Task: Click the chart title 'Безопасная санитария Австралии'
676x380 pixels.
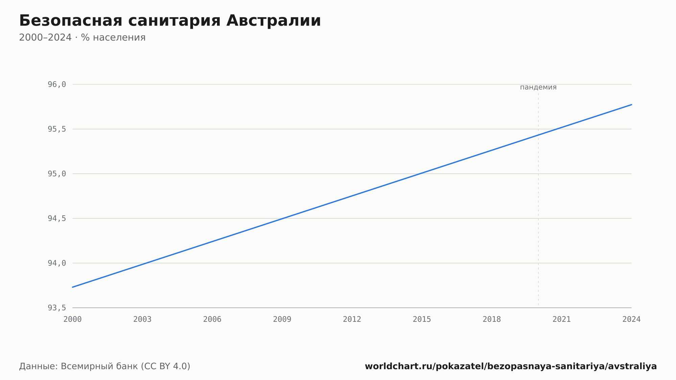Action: pyautogui.click(x=170, y=21)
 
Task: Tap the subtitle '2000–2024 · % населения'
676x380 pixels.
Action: pyautogui.click(x=82, y=38)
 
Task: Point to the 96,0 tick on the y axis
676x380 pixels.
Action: pyautogui.click(x=57, y=85)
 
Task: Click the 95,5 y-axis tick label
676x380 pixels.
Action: pyautogui.click(x=57, y=129)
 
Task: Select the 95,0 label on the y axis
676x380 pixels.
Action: pyautogui.click(x=57, y=174)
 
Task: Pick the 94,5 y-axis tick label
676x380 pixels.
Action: pyautogui.click(x=57, y=218)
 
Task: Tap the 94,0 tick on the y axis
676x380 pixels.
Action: pyautogui.click(x=57, y=263)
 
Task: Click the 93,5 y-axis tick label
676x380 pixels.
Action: pyautogui.click(x=57, y=308)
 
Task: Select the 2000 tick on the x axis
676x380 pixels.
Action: pyautogui.click(x=73, y=319)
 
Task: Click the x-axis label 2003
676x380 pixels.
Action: pyautogui.click(x=142, y=319)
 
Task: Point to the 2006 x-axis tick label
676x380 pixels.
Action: pyautogui.click(x=212, y=319)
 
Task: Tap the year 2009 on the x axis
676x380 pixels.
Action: pyautogui.click(x=282, y=319)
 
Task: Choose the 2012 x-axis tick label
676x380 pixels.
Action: pyautogui.click(x=352, y=319)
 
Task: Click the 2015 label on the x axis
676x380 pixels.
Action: pyautogui.click(x=422, y=319)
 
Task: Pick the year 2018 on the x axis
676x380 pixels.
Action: pyautogui.click(x=492, y=319)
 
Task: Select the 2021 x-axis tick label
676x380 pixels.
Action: pyautogui.click(x=562, y=319)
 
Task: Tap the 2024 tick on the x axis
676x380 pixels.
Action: pyautogui.click(x=631, y=319)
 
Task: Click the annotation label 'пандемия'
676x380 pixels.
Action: pyautogui.click(x=538, y=87)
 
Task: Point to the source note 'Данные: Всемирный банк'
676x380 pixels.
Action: pyautogui.click(x=79, y=366)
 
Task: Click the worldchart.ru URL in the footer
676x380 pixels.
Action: pyautogui.click(x=511, y=366)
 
